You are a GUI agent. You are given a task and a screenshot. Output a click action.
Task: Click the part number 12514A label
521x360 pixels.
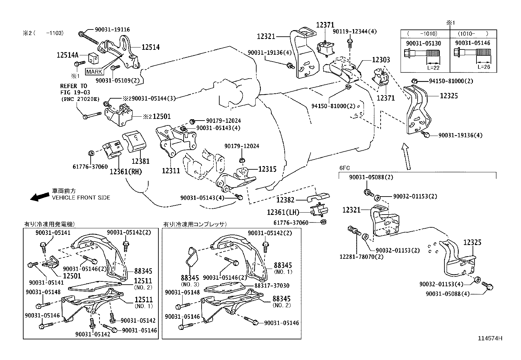(68, 55)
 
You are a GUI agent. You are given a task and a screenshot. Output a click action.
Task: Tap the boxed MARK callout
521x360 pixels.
(94, 72)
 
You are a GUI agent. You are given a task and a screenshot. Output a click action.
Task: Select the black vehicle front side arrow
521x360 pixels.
(39, 196)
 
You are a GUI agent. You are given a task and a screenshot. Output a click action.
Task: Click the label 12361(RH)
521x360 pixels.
(126, 171)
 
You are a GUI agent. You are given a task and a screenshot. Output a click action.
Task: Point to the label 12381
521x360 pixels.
(140, 161)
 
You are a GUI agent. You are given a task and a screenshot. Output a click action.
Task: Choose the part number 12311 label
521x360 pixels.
(171, 171)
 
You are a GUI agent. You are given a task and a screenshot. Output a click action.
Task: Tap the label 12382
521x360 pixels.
(285, 200)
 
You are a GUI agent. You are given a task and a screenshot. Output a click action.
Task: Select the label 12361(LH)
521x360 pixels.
(283, 212)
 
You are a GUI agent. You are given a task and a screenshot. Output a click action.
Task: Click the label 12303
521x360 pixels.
(381, 60)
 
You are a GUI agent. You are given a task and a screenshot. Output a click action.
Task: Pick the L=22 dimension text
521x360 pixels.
(433, 67)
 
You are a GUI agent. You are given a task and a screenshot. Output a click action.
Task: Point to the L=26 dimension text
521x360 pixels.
(483, 67)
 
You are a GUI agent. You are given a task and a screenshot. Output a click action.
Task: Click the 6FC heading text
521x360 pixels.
(345, 168)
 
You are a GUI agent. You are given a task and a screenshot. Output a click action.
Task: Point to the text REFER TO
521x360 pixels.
(73, 86)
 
